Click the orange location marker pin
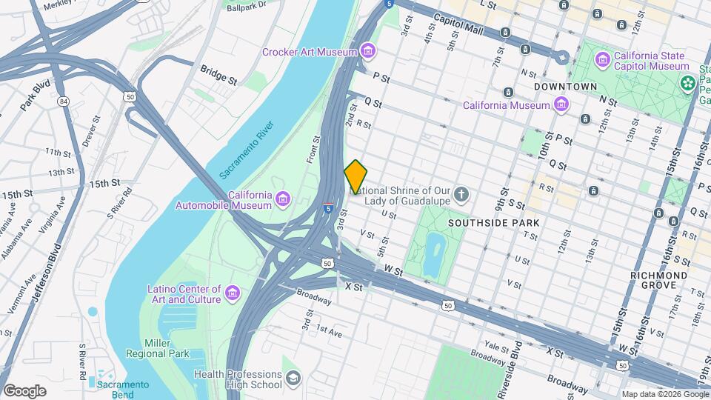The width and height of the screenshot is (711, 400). [x=355, y=176]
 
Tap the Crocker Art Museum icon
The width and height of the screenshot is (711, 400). [x=368, y=51]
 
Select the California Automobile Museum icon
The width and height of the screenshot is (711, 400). [x=283, y=199]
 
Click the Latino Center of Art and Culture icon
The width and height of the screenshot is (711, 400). [x=233, y=293]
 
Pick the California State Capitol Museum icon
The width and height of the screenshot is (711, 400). [x=604, y=59]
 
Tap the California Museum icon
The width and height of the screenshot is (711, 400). [x=561, y=104]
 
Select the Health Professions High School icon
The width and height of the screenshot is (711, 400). [x=293, y=379]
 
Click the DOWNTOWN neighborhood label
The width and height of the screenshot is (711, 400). [x=565, y=87]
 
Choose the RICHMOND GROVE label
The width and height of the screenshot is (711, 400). [x=658, y=280]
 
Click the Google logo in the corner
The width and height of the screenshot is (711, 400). [x=24, y=390]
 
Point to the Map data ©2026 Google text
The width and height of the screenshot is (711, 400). [x=664, y=394]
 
